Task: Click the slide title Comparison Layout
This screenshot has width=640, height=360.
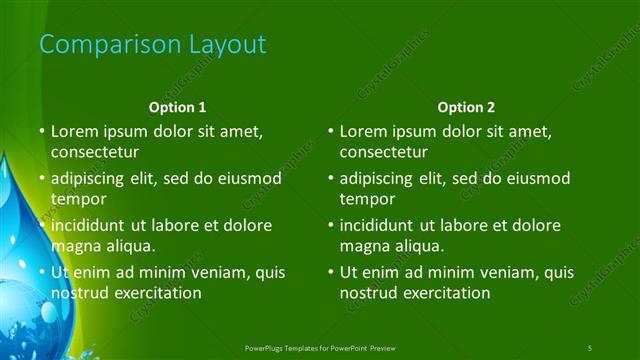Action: [152, 45]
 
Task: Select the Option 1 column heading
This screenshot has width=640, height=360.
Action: [178, 107]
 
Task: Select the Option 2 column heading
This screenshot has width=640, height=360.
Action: [466, 107]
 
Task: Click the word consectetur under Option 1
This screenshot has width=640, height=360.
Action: [95, 153]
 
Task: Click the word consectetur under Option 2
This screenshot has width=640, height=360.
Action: [384, 153]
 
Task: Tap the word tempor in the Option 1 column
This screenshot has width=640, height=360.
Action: [76, 199]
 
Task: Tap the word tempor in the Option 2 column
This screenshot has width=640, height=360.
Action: [365, 199]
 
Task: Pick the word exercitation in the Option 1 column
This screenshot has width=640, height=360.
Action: [155, 293]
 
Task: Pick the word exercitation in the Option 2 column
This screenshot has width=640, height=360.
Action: [444, 293]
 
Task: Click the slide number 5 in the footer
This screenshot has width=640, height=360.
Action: [590, 347]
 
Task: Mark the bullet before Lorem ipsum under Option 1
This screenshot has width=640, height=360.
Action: [42, 131]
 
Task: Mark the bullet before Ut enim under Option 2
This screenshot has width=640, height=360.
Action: [331, 272]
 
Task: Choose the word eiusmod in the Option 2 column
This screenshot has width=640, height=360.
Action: [538, 178]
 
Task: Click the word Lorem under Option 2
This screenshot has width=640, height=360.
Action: [362, 131]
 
